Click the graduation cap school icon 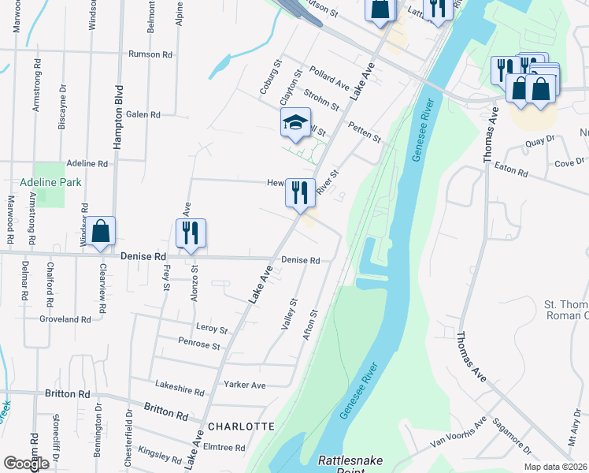[295, 123]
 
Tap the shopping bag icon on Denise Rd [101, 232]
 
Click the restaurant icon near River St [300, 192]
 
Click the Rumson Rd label [150, 54]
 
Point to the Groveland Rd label [65, 319]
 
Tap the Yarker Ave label [244, 385]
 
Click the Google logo [26, 464]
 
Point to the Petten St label [365, 132]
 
